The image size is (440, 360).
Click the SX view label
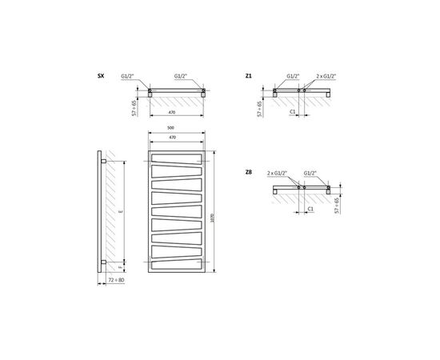click(x=100, y=77)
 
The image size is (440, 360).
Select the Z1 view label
click(x=250, y=77)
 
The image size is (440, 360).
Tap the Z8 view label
click(x=250, y=171)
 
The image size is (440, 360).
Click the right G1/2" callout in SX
click(x=182, y=77)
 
